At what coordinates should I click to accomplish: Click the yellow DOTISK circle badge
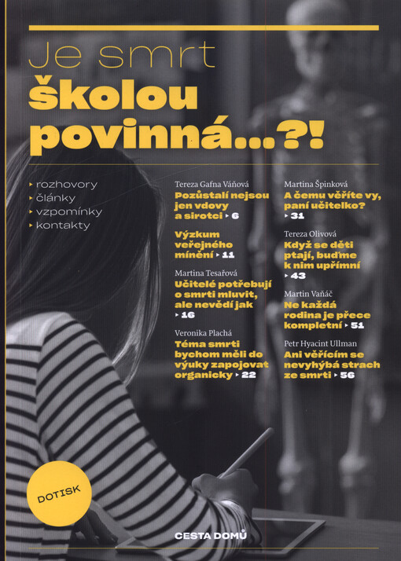click(x=57, y=493)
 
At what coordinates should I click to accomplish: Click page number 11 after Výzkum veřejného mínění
click(x=229, y=255)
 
